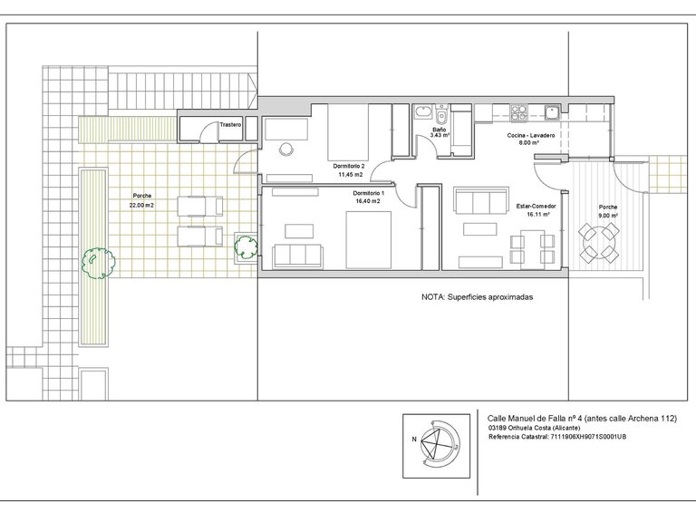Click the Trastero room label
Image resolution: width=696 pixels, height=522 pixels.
[230, 125]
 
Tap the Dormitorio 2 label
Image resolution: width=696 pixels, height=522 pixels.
[349, 166]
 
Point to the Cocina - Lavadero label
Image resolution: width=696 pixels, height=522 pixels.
[531, 135]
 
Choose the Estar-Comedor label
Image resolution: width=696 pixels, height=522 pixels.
[536, 207]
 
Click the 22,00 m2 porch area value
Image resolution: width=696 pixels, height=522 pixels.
[141, 205]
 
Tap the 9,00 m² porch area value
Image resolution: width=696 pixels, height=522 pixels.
[608, 216]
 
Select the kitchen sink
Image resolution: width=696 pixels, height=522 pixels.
[552, 112]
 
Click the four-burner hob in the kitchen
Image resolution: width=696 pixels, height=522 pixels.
[518, 112]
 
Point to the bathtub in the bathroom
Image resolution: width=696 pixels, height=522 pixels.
[422, 111]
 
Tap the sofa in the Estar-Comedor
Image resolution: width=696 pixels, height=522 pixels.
[480, 200]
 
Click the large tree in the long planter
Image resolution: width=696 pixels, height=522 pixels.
[98, 263]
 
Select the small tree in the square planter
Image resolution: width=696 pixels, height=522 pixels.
[246, 247]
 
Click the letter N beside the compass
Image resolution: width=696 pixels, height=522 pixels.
[414, 440]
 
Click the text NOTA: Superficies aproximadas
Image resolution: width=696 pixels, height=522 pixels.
[477, 297]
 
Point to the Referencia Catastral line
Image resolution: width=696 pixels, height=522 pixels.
[557, 437]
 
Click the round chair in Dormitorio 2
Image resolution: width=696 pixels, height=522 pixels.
[286, 149]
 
